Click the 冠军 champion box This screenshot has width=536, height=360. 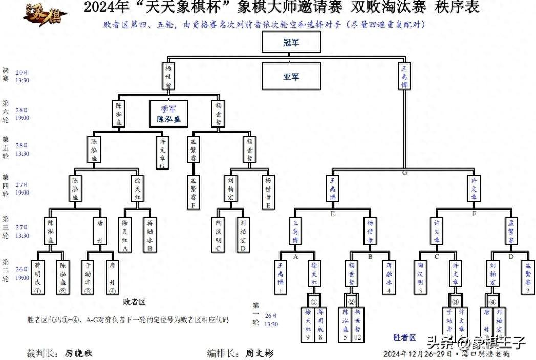tap(291, 42)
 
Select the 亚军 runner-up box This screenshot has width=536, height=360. tap(291, 77)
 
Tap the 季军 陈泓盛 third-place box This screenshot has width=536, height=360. tap(168, 114)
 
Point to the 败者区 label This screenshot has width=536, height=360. tap(135, 302)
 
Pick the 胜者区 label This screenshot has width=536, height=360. tap(404, 337)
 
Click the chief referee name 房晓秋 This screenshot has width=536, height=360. tap(79, 353)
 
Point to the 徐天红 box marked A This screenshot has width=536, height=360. tap(124, 234)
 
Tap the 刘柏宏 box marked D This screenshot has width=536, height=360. tap(243, 234)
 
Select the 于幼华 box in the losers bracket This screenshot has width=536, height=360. tap(88, 278)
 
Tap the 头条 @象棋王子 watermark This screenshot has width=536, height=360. tap(476, 342)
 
